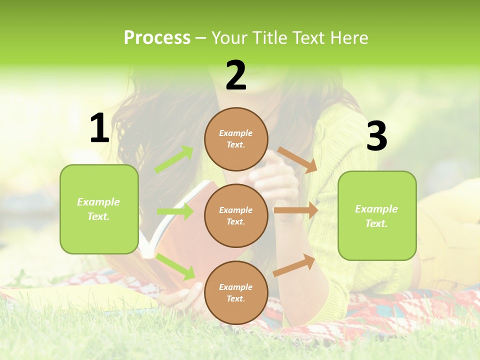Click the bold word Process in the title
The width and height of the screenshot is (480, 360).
(157, 38)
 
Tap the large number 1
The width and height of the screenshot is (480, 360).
(99, 128)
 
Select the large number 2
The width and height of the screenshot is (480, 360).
(236, 75)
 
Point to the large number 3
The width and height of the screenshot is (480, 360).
(376, 136)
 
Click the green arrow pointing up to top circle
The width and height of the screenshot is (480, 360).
(174, 159)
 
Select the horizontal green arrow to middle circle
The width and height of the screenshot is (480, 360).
(175, 211)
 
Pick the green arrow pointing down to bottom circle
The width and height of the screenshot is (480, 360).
(175, 266)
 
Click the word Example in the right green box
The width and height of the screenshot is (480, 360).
(376, 209)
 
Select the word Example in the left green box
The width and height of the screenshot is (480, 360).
(98, 202)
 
